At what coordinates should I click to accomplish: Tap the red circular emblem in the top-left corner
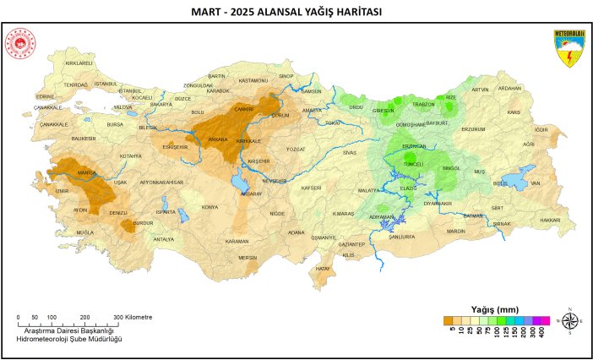pyautogui.click(x=19, y=42)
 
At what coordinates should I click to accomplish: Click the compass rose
pyautogui.click(x=569, y=320)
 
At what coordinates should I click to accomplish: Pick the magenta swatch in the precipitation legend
pyautogui.click(x=545, y=320)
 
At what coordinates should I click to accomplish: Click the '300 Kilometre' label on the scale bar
pyautogui.click(x=133, y=317)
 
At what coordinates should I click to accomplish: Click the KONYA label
pyautogui.click(x=209, y=207)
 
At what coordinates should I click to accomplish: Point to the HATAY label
pyautogui.click(x=323, y=269)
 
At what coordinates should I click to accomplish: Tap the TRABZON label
pyautogui.click(x=422, y=104)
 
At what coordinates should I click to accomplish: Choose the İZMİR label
pyautogui.click(x=62, y=191)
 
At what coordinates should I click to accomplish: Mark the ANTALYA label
pyautogui.click(x=163, y=239)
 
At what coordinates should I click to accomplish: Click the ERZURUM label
pyautogui.click(x=473, y=129)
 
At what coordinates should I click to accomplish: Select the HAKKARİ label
pyautogui.click(x=550, y=220)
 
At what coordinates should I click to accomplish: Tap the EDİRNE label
pyautogui.click(x=45, y=96)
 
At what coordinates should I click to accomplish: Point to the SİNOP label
pyautogui.click(x=286, y=76)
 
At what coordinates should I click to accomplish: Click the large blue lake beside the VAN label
pyautogui.click(x=513, y=178)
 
